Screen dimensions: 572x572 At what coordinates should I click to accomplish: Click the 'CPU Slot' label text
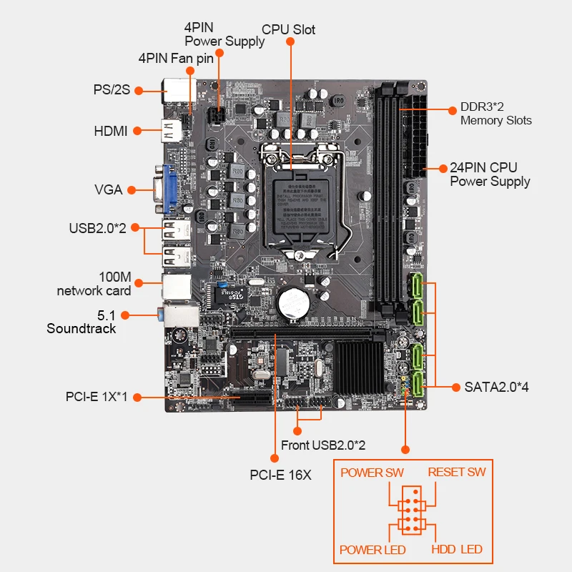point(288,29)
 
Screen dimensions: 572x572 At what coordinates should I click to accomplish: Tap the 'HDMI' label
point(111,131)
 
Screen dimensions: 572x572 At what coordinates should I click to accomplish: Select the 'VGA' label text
point(109,189)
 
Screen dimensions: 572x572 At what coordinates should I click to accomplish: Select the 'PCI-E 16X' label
point(280,475)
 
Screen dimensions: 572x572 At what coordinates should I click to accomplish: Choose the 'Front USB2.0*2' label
point(323,445)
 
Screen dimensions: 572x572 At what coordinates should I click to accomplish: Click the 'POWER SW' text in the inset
point(372,472)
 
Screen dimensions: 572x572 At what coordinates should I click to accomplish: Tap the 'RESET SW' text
point(457,472)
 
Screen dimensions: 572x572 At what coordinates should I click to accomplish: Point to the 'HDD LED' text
point(457,549)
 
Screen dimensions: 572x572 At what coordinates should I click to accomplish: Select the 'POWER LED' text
point(372,550)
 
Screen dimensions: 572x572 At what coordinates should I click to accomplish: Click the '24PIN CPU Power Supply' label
point(490,174)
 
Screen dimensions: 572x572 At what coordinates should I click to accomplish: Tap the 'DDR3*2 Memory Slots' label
point(495,114)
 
